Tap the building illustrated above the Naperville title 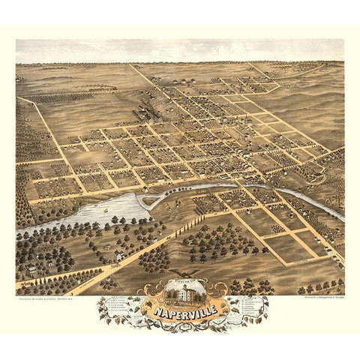pos(180,289)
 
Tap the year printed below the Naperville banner pos(180,321)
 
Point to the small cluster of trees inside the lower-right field pos(278,229)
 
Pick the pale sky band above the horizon pos(180,51)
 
